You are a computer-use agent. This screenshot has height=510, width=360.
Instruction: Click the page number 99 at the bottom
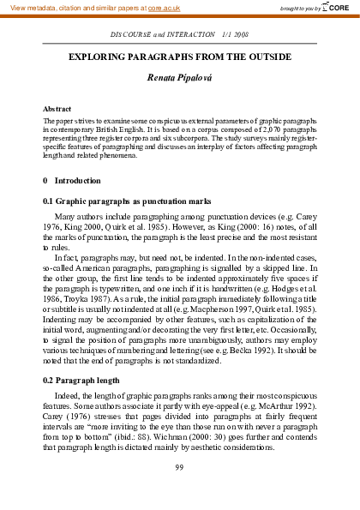click(179, 467)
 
